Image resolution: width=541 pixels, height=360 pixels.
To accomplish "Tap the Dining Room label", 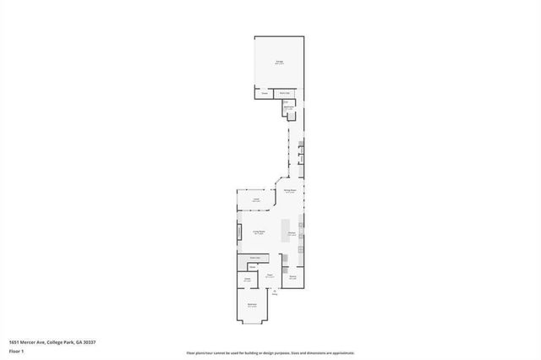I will [x=289, y=192].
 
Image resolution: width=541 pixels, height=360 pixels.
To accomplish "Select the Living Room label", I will [x=260, y=232].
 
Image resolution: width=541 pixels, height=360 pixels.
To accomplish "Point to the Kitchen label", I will [x=291, y=232].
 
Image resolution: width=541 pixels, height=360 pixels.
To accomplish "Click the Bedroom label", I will [x=251, y=305].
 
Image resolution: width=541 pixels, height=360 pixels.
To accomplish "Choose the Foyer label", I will [x=270, y=275].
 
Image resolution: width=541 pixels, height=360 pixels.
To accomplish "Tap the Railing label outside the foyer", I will [x=274, y=293].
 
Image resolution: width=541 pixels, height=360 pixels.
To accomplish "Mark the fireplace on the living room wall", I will [x=239, y=231].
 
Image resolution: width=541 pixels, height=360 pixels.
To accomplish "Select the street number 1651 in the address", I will [x=15, y=341].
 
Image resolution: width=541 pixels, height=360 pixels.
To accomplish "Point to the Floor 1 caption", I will [x=16, y=351].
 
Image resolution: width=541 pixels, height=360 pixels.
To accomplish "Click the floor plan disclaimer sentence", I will [x=270, y=353].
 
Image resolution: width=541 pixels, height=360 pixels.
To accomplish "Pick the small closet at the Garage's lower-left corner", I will [x=265, y=93].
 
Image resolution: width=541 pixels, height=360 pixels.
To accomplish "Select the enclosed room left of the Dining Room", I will [x=255, y=200].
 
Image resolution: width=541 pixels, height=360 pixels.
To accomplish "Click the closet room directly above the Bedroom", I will [x=249, y=279].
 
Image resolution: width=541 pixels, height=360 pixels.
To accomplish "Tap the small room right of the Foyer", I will [x=293, y=277].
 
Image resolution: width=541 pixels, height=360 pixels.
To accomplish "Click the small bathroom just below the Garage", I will [x=288, y=107].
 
